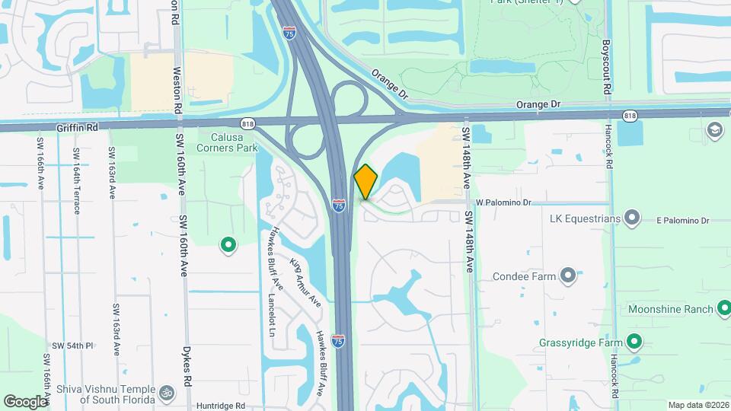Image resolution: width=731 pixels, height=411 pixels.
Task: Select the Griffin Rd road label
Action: [78, 129]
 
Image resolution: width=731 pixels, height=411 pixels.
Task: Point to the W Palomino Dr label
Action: [503, 202]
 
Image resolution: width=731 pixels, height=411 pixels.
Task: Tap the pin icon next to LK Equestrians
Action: [632, 218]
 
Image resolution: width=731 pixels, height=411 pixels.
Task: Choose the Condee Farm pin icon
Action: [567, 276]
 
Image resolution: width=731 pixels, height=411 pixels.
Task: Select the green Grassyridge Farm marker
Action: [633, 342]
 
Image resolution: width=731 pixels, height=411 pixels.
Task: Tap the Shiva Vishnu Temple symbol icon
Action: [166, 393]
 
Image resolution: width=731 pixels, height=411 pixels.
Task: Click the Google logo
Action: [25, 401]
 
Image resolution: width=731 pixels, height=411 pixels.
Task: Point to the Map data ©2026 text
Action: [697, 404]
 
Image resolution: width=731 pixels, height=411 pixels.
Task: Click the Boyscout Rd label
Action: [608, 67]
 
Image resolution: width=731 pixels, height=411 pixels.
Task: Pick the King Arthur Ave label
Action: [305, 282]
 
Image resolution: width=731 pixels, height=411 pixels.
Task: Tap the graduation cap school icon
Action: [716, 130]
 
